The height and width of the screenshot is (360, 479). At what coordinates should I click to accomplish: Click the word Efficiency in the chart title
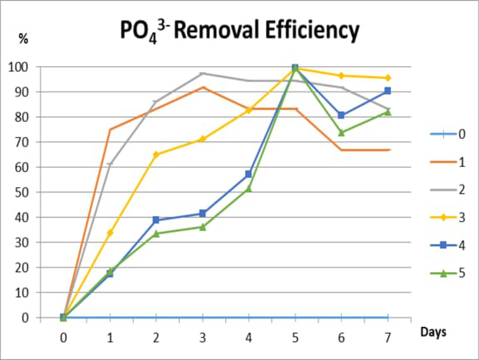tap(312, 30)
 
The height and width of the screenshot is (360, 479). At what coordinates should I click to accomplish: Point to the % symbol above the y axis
tap(23, 39)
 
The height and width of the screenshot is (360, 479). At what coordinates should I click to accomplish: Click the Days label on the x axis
tap(433, 332)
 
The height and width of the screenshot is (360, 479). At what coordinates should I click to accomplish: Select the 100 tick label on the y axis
tap(18, 67)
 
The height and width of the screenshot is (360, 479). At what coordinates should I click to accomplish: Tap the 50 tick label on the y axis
tap(21, 192)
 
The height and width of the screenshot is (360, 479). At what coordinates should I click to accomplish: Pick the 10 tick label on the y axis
tap(21, 293)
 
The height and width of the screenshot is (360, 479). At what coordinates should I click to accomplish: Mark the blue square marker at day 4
tap(249, 174)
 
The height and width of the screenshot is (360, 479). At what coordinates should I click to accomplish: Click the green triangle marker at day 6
tap(341, 133)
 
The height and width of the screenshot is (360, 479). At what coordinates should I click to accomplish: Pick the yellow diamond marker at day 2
tap(156, 155)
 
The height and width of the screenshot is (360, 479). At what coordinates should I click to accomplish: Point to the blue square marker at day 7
tap(388, 91)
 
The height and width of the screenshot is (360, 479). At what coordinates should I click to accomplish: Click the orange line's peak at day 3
tap(203, 87)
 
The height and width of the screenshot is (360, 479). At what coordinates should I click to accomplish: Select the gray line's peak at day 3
tap(203, 74)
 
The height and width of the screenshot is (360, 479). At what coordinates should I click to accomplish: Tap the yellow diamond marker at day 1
tap(110, 233)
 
